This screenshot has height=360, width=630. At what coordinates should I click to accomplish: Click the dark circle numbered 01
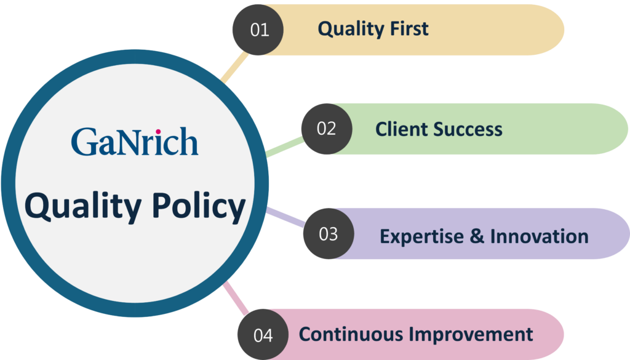pyautogui.click(x=259, y=30)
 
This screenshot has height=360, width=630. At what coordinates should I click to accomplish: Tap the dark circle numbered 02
pyautogui.click(x=326, y=129)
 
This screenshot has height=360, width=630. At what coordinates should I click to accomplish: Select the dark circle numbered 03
pyautogui.click(x=328, y=234)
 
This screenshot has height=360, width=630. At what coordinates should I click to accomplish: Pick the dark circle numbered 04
pyautogui.click(x=263, y=335)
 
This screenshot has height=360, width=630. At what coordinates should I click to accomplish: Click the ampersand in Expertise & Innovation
pyautogui.click(x=477, y=236)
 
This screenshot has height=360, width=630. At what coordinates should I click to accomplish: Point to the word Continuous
pyautogui.click(x=351, y=334)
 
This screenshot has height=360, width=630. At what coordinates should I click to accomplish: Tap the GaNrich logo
pyautogui.click(x=134, y=141)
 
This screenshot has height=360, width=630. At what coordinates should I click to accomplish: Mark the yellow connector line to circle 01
pyautogui.click(x=234, y=68)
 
